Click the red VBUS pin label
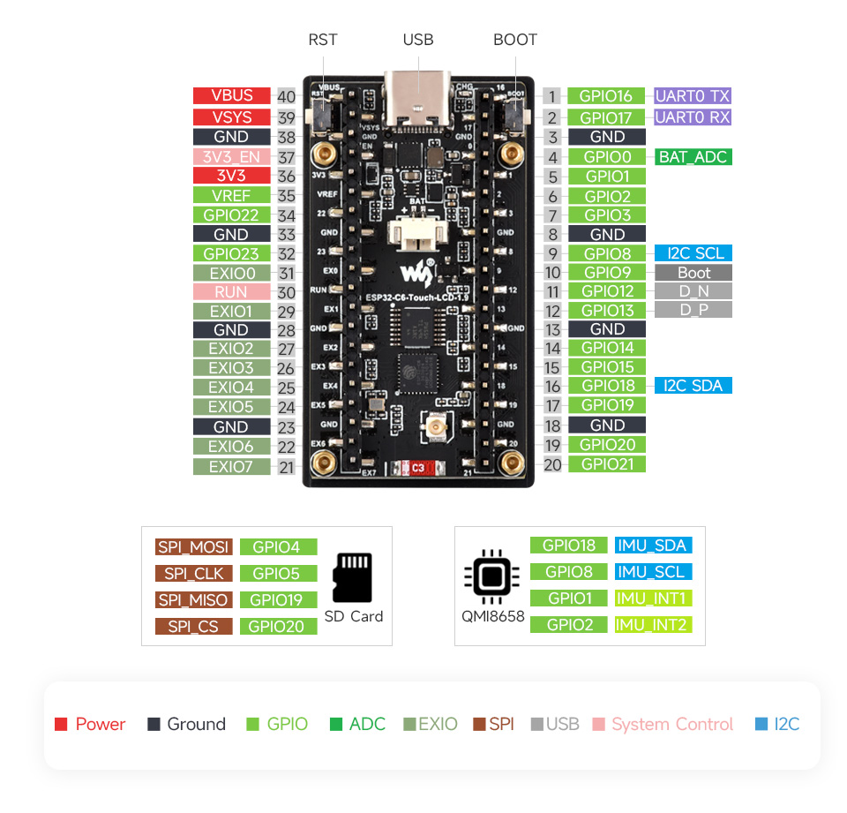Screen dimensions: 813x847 click(x=231, y=96)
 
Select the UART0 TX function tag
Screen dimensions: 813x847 click(x=693, y=96)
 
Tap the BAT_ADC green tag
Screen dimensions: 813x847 click(x=693, y=157)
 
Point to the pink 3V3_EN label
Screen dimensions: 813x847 click(x=231, y=157)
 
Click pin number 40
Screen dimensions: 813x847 click(x=286, y=97)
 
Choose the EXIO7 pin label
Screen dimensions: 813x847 click(x=231, y=466)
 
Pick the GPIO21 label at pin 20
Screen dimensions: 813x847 click(x=607, y=464)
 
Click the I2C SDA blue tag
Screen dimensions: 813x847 click(x=693, y=385)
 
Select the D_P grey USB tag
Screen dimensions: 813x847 click(x=693, y=310)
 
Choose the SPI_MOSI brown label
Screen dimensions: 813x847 click(x=193, y=547)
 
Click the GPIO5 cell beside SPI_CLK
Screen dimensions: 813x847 click(x=277, y=574)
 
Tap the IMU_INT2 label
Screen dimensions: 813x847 click(x=653, y=625)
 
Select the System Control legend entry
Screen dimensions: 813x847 click(x=671, y=725)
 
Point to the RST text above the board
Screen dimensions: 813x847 click(x=323, y=40)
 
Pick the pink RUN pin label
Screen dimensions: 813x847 click(x=231, y=292)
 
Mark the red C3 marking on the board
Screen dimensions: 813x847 click(x=418, y=468)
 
